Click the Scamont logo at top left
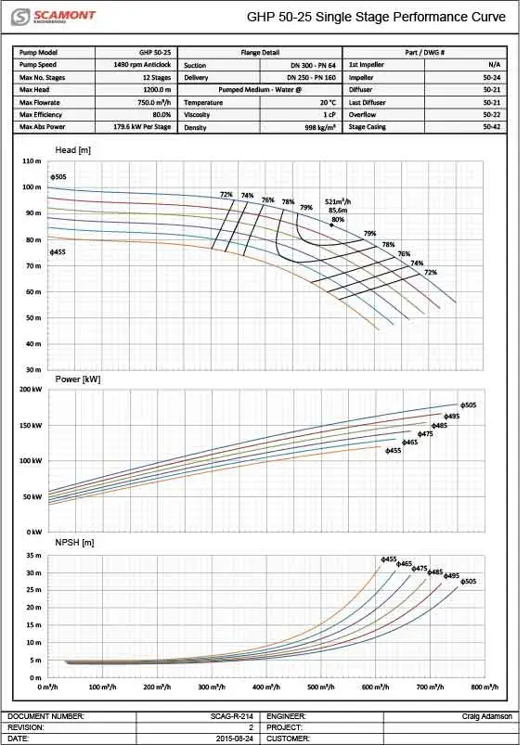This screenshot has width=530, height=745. coord(53,17)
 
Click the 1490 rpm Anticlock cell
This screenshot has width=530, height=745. coord(142,65)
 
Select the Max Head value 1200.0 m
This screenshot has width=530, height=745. coord(157,90)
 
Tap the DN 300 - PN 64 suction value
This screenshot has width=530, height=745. coord(313,66)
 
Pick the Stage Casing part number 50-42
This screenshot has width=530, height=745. coord(492,127)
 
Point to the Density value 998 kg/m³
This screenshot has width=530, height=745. coord(320,127)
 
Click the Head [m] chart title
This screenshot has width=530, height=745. coord(72,150)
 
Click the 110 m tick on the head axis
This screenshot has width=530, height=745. coord(32,161)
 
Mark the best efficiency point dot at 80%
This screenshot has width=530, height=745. coord(331,225)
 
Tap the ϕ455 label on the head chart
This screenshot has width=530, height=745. coord(58,251)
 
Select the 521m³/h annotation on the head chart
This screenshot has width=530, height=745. coord(338,202)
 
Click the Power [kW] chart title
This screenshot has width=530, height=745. coord(77,379)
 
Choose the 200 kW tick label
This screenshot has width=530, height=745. coord(31,390)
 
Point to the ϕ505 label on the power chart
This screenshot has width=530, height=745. coord(468,405)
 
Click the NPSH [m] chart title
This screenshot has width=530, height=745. coord(74,543)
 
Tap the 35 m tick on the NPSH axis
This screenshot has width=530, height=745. coord(33,556)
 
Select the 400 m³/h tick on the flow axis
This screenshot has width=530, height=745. coord(265,687)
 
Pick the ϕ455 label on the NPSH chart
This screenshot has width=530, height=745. coord(389,559)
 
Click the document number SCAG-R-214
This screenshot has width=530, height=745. coord(232,716)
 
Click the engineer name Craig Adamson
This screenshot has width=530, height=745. coord(487,716)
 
